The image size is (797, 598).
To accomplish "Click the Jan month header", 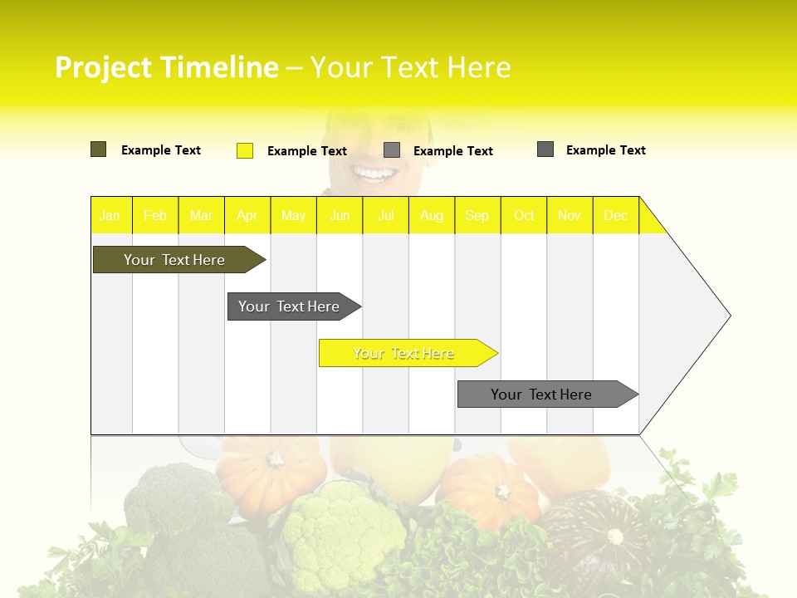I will [110, 215].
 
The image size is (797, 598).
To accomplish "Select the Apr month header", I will [247, 215].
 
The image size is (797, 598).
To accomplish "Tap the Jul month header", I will [385, 215].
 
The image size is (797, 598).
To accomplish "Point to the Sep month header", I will [477, 215].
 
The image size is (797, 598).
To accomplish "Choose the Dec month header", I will [615, 215].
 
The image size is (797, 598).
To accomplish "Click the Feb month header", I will [155, 215].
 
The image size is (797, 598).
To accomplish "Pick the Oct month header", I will [524, 215].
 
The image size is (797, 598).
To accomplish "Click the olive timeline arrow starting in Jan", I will [175, 260].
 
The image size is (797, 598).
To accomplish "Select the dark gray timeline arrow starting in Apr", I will [290, 306].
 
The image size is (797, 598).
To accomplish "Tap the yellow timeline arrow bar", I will [404, 353].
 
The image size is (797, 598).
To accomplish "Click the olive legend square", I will [99, 149].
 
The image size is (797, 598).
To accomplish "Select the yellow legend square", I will [245, 150].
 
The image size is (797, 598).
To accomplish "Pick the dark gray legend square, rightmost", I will [545, 149].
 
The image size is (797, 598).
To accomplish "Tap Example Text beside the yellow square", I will [306, 151].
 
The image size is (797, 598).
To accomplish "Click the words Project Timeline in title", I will [166, 67].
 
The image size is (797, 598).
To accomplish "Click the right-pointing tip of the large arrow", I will [728, 316].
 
